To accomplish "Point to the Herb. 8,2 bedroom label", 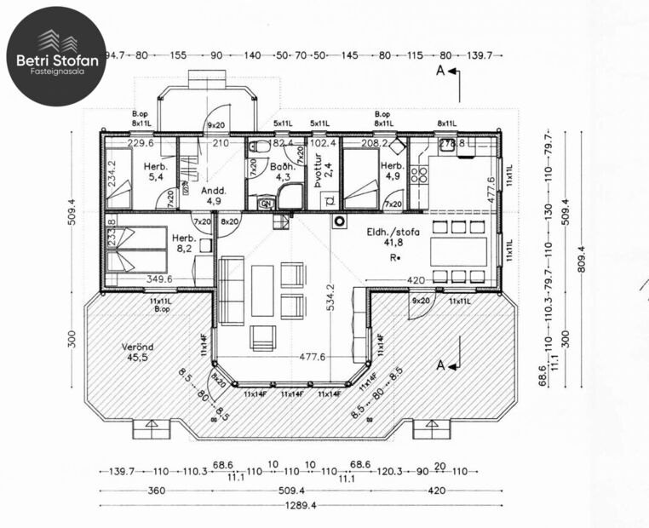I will pos(184,244).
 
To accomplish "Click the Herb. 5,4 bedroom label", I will pos(154,171).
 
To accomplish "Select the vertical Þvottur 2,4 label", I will pos(319,175).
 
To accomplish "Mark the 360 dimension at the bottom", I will pos(155,491).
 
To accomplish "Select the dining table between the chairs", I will pos(459,251).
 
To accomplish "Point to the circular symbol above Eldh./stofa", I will pos(339,222).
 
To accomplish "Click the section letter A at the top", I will pos(439,72).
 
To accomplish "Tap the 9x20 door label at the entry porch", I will pos(216,126).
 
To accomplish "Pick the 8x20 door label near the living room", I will pos(229,222).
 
